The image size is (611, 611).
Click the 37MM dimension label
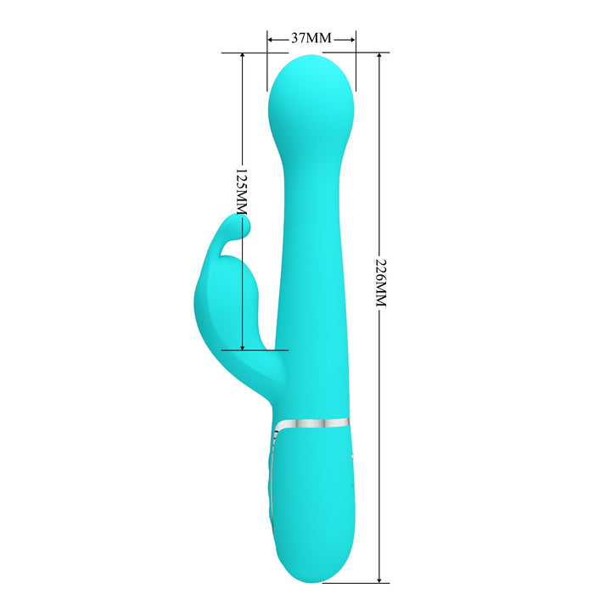click(311, 39)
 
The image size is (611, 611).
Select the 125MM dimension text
click(241, 190)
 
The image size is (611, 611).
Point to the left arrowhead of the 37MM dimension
click(271, 39)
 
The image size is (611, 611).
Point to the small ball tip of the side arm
click(244, 224)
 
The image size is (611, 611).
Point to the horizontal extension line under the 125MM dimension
click(255, 349)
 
